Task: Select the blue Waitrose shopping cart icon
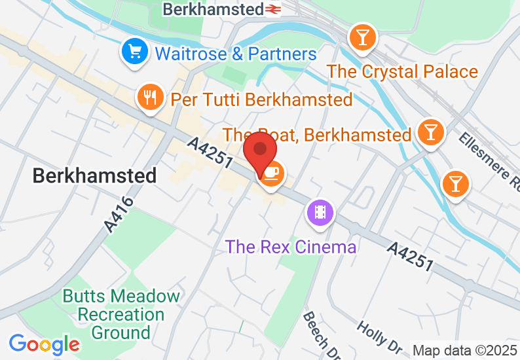pyautogui.click(x=134, y=51)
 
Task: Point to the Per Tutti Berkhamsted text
pyautogui.click(x=261, y=99)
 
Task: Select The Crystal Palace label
pyautogui.click(x=402, y=71)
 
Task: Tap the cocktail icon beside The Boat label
pyautogui.click(x=430, y=132)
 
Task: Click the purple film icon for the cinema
pyautogui.click(x=320, y=212)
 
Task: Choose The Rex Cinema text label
pyautogui.click(x=291, y=247)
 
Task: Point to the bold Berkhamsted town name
pyautogui.click(x=94, y=175)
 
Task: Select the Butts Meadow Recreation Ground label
pyautogui.click(x=121, y=314)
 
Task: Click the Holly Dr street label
pyautogui.click(x=379, y=337)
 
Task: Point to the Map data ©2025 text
pyautogui.click(x=464, y=350)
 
